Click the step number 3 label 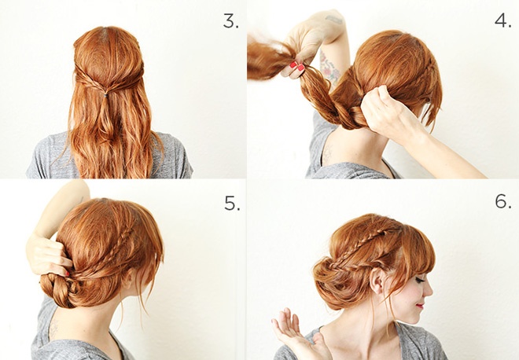(230, 21)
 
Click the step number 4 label (502, 21)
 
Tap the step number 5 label (232, 203)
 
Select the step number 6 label (503, 201)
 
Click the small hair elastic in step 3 (105, 95)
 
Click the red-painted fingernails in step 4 (297, 66)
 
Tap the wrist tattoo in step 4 (333, 20)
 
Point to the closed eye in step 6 (420, 281)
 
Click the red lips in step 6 (420, 306)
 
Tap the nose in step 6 (429, 291)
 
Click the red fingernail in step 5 (67, 274)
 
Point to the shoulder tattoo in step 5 (53, 328)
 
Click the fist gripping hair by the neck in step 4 (381, 109)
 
